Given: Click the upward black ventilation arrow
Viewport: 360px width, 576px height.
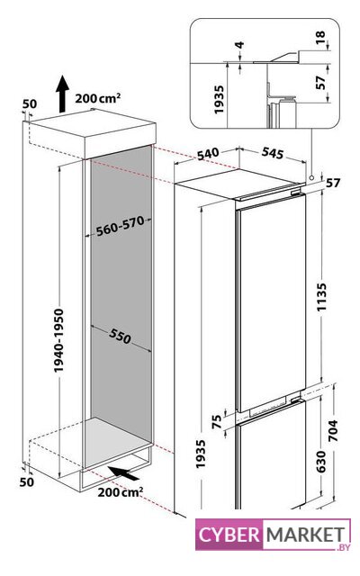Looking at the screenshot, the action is pyautogui.click(x=62, y=94).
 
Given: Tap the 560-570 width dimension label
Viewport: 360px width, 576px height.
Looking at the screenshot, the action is pyautogui.click(x=120, y=226).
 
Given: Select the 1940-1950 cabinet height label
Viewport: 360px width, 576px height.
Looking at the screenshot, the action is pyautogui.click(x=58, y=340).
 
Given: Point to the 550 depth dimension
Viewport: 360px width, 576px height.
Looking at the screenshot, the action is pyautogui.click(x=120, y=336).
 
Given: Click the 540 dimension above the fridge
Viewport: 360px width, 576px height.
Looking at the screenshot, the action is pyautogui.click(x=208, y=154).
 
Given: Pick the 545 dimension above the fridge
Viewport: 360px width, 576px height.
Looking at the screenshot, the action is pyautogui.click(x=273, y=153).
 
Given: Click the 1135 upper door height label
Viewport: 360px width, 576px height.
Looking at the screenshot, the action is pyautogui.click(x=322, y=297).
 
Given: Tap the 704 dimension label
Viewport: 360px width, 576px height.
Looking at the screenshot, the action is pyautogui.click(x=332, y=431).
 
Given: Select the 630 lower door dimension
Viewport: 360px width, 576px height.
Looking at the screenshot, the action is pyautogui.click(x=320, y=462).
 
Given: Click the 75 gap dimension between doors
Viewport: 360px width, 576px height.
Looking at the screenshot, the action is pyautogui.click(x=218, y=421).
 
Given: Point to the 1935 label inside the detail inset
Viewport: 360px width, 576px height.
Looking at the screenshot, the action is pyautogui.click(x=219, y=100).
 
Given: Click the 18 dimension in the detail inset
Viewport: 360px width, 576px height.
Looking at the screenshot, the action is pyautogui.click(x=320, y=38).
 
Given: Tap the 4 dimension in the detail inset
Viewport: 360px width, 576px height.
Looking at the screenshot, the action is pyautogui.click(x=239, y=45).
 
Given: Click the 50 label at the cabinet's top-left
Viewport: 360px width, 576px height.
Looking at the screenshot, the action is pyautogui.click(x=30, y=104).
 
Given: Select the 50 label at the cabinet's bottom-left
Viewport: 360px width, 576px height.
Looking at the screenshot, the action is pyautogui.click(x=27, y=481).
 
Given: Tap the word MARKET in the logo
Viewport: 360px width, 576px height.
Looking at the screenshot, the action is pyautogui.click(x=305, y=535).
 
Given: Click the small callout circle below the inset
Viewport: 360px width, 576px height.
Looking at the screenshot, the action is pyautogui.click(x=311, y=177).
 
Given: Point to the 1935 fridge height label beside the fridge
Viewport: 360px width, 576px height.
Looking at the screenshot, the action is pyautogui.click(x=201, y=454).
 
